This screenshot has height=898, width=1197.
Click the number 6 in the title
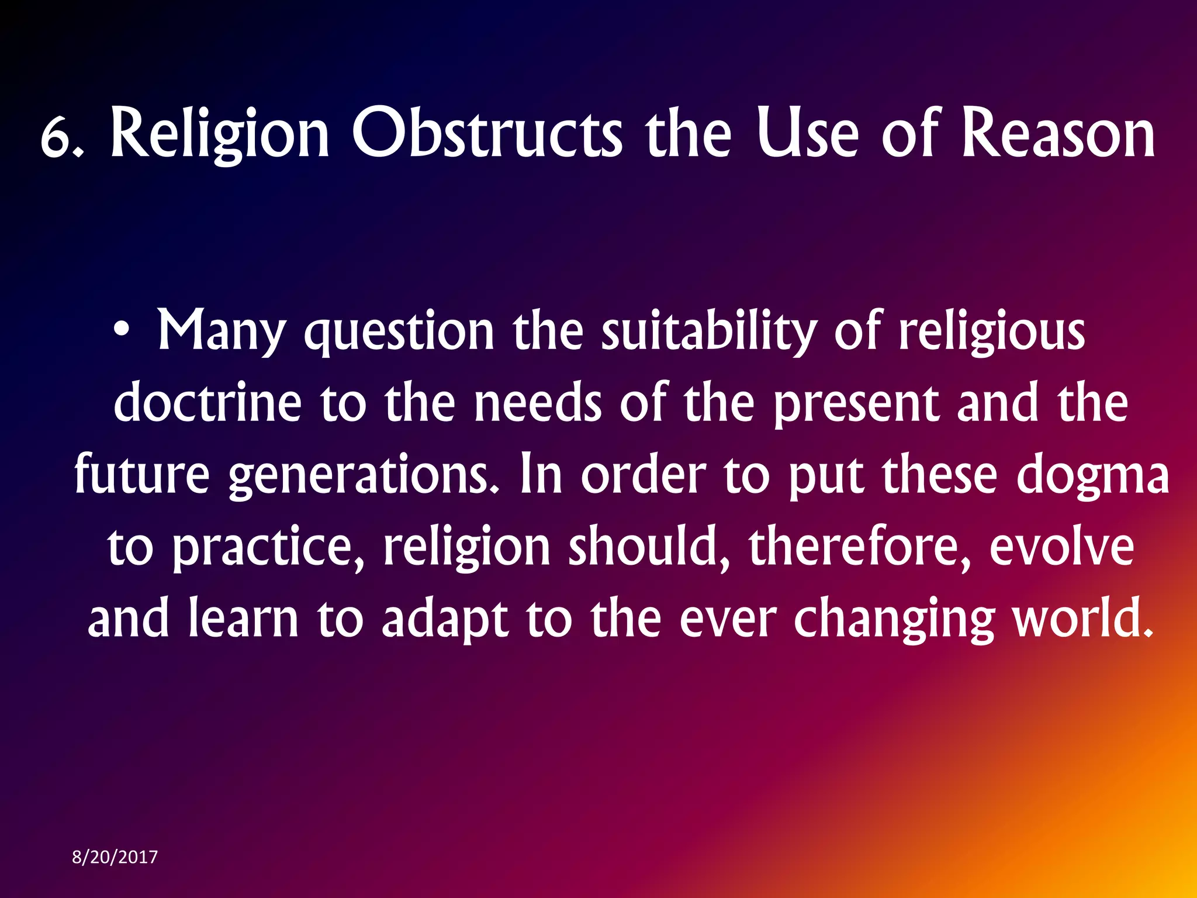coord(57,139)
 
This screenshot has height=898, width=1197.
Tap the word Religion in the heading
coord(220,134)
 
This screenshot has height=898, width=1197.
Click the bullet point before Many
coord(121,331)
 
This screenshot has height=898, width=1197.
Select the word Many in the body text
coord(221,332)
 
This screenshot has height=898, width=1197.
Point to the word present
coord(856,405)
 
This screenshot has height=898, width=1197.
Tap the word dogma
coord(1092,476)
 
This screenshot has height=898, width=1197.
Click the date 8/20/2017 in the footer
coord(115,857)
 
